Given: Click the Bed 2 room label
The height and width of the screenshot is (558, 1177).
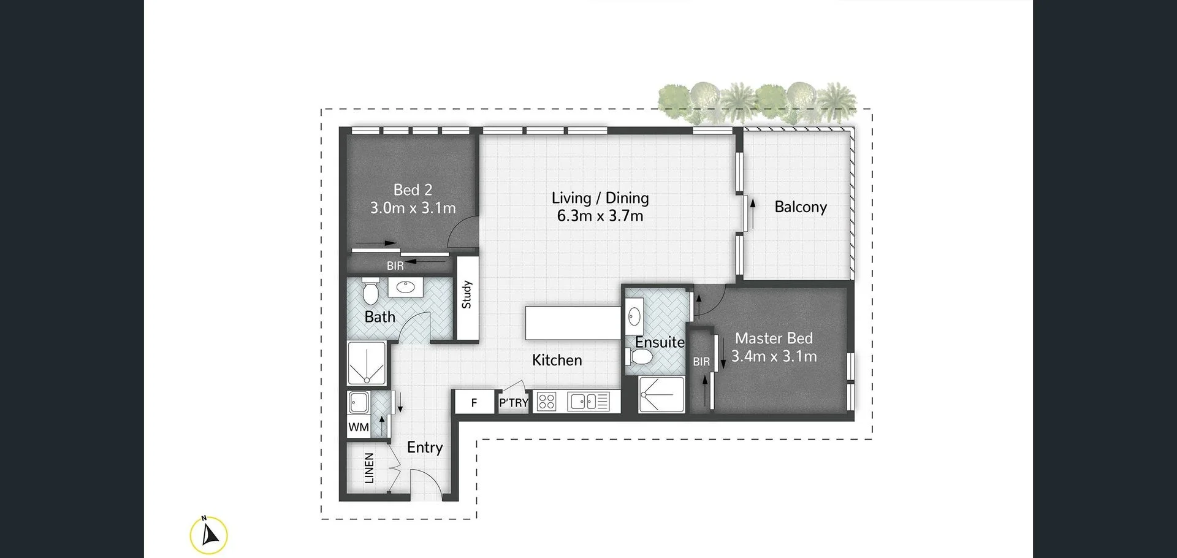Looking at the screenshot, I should (x=413, y=190).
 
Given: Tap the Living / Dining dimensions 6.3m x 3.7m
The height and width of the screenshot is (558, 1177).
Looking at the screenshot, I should (x=600, y=216).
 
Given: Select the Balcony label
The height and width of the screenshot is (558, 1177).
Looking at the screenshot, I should (x=800, y=207).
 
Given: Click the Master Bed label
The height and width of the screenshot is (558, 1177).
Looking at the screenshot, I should (x=774, y=338).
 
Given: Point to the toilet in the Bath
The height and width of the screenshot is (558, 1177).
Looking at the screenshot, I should (x=370, y=292).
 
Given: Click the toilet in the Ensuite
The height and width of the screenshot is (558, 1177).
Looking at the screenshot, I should (x=641, y=357).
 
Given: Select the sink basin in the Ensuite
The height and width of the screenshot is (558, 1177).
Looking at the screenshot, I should (x=634, y=317).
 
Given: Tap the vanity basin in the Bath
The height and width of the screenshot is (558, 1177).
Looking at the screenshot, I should (x=405, y=286).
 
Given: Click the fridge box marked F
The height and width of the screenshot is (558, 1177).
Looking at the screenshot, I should (x=474, y=403).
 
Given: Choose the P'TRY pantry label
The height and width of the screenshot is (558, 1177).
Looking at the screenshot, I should (x=513, y=403).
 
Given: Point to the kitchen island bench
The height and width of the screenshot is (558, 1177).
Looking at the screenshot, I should (x=573, y=323).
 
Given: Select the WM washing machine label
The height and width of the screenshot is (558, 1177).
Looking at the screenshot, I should (x=359, y=427).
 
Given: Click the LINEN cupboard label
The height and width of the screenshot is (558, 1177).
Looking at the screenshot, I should (x=369, y=468).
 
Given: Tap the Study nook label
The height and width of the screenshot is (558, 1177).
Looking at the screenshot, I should (x=467, y=294).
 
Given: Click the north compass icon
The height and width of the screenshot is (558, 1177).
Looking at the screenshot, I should (x=209, y=535).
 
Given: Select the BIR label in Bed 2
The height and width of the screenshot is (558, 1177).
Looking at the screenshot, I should (x=395, y=266).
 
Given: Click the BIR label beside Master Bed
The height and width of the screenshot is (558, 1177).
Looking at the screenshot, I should (x=701, y=362).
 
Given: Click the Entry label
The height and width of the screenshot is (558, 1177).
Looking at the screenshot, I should (x=424, y=448).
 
